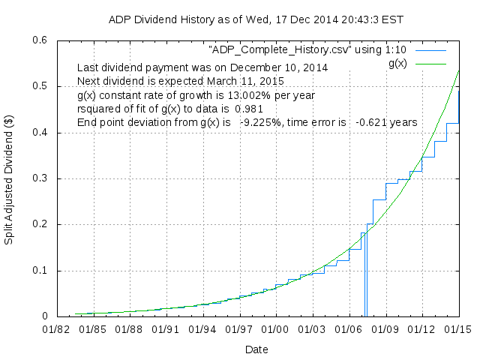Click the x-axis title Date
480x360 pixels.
[256, 349]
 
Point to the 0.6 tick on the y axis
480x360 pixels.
[40, 40]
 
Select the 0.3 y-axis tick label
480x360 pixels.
[40, 178]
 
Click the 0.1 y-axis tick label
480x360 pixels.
[40, 271]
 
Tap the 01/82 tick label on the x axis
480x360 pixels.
[56, 329]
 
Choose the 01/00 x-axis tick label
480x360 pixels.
[275, 329]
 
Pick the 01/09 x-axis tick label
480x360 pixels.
[385, 329]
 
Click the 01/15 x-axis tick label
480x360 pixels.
[458, 329]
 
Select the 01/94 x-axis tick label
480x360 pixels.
[202, 329]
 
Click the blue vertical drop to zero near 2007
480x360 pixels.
[365, 277]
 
